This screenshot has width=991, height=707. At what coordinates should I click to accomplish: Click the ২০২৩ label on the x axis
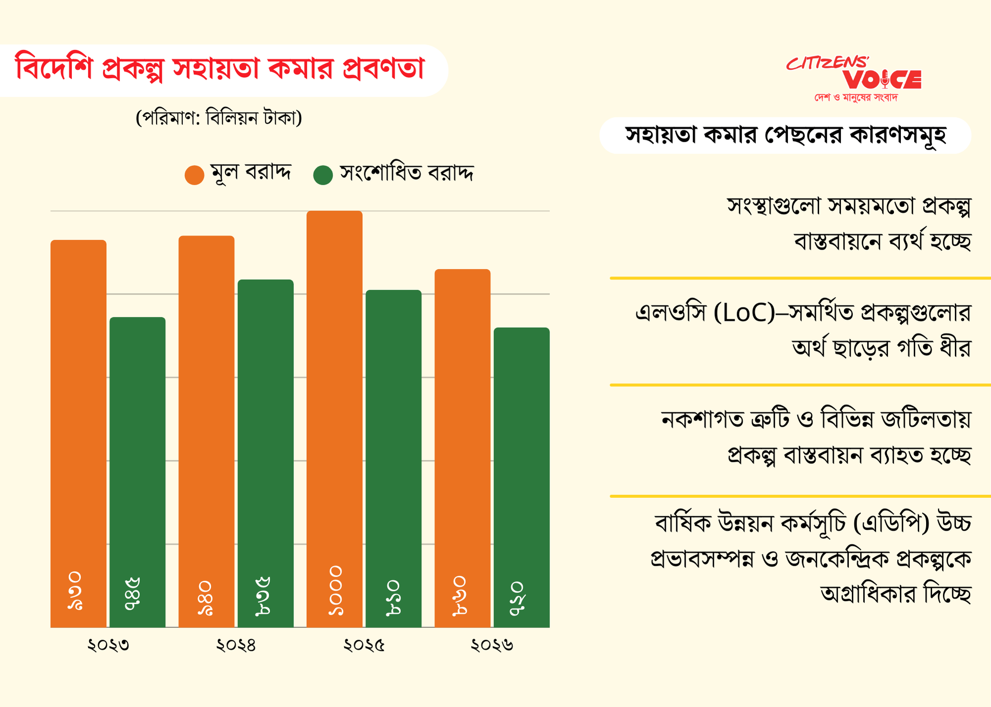[108, 645]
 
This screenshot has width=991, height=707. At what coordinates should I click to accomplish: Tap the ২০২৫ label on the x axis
[364, 645]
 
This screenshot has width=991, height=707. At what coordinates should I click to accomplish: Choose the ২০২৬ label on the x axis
[492, 645]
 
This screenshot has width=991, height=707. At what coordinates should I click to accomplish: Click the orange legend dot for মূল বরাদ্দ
[194, 175]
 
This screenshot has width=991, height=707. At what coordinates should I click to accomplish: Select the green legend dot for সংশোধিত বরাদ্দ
[323, 175]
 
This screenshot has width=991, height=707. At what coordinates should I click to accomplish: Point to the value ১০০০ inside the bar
[335, 591]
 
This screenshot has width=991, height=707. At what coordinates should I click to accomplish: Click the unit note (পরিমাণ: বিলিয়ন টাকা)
[219, 118]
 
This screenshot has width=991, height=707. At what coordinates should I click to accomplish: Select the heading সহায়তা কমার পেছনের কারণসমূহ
[785, 135]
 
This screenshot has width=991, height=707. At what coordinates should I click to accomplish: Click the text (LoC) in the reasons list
[744, 313]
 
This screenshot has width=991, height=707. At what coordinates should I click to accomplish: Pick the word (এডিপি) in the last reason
[892, 523]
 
